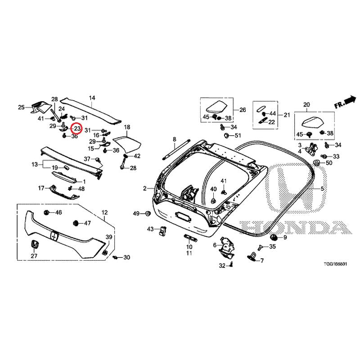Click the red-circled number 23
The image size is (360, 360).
point(76,129)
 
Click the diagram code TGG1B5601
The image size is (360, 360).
point(335,264)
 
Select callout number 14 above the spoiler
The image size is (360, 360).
point(92,98)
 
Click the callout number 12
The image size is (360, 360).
point(105,212)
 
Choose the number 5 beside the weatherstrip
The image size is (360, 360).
point(322,189)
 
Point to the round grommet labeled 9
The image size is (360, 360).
point(274,237)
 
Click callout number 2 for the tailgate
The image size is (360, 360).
point(144,189)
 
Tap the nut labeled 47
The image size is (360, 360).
point(76,223)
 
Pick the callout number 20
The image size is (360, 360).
point(306,105)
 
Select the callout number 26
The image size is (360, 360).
point(243,110)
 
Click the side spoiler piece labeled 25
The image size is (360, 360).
point(40,107)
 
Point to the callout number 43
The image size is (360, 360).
point(150,229)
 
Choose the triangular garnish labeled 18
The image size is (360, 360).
point(127,144)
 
